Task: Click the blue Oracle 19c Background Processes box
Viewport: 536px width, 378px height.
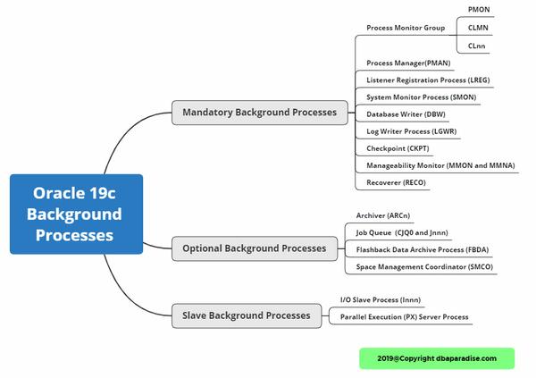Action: pyautogui.click(x=76, y=214)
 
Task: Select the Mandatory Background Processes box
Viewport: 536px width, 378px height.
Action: pyautogui.click(x=259, y=113)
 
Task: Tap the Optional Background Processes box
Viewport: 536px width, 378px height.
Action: pyautogui.click(x=254, y=248)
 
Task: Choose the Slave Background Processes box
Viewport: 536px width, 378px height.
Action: pyautogui.click(x=246, y=315)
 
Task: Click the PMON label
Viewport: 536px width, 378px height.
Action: pyautogui.click(x=478, y=9)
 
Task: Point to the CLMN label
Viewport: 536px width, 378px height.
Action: pyautogui.click(x=478, y=28)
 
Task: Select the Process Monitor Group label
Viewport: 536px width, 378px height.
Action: pyautogui.click(x=405, y=28)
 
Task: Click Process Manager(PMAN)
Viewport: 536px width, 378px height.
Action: pyautogui.click(x=409, y=63)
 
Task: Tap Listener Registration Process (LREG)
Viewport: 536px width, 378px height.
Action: pyautogui.click(x=428, y=80)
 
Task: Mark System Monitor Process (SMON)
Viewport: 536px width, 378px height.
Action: pyautogui.click(x=420, y=97)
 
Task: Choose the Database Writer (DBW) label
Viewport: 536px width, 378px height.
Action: pyautogui.click(x=406, y=114)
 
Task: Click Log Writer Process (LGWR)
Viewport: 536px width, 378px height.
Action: pyautogui.click(x=412, y=131)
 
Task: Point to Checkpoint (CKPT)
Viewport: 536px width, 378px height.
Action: pyautogui.click(x=398, y=148)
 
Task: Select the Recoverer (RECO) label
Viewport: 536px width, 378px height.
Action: pyautogui.click(x=396, y=182)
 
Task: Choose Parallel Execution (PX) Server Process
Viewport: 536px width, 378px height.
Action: pyautogui.click(x=404, y=316)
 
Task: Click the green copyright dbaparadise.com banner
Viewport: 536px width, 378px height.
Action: pyautogui.click(x=437, y=358)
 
